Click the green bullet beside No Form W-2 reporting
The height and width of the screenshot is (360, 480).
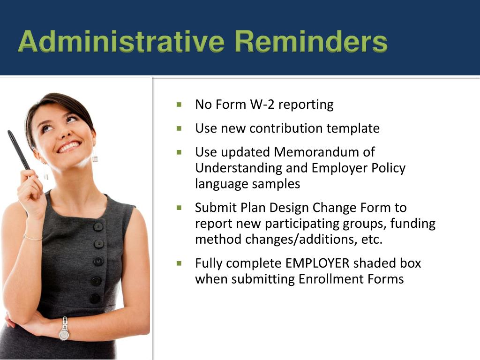pyautogui.click(x=179, y=104)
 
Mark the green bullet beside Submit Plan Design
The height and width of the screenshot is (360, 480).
pyautogui.click(x=179, y=207)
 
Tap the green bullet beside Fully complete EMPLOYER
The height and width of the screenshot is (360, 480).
pyautogui.click(x=179, y=263)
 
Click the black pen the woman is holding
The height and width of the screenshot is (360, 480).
pyautogui.click(x=19, y=150)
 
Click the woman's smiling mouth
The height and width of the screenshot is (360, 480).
pyautogui.click(x=68, y=147)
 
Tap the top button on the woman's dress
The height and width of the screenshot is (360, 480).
pyautogui.click(x=98, y=227)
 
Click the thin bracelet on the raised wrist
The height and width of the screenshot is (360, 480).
pyautogui.click(x=32, y=238)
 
